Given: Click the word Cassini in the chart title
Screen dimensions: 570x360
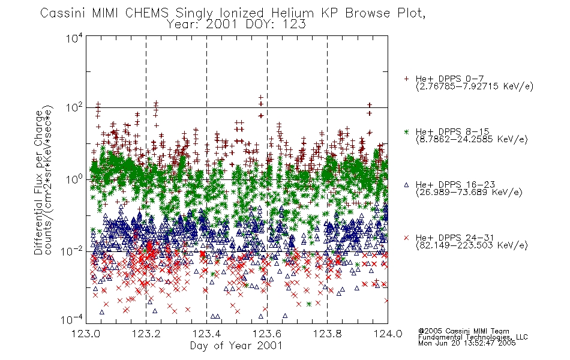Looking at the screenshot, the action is pos(63,13).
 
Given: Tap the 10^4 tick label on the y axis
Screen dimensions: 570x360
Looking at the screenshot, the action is pos(74,38).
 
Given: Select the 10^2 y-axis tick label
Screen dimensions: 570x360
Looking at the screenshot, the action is pos(74,109).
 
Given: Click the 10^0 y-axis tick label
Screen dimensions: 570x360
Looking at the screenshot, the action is pos(74,180).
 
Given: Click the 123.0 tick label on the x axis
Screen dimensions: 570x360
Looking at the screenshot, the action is pos(86,334).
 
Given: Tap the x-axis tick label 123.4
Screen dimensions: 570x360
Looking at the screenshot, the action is pos(207,334).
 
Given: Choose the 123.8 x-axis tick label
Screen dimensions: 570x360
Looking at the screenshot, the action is pos(327,334).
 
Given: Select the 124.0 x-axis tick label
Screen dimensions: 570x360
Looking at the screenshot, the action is pos(388,334).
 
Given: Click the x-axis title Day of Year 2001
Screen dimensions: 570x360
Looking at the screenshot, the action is pos(236,346).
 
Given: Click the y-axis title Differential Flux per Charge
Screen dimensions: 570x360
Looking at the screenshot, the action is pos(38,182).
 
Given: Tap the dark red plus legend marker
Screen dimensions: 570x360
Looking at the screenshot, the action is pos(406,79).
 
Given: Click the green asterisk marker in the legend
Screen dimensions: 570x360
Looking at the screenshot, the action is pos(406,131).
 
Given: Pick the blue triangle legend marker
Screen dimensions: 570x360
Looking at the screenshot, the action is pos(406,185).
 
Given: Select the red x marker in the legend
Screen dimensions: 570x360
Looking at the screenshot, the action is pos(406,238).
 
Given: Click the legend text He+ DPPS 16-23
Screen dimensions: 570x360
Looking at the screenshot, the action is pos(455,185).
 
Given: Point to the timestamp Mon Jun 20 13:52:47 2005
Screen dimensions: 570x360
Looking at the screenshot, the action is pos(467,343).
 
